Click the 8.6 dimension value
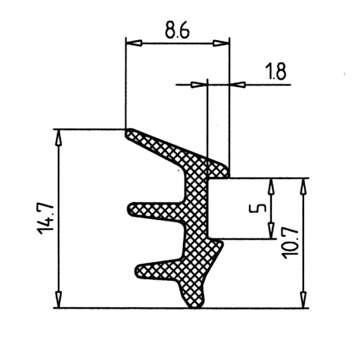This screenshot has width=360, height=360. click(177, 31)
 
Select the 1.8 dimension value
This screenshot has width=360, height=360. click(275, 71)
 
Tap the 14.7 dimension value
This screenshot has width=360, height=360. click(46, 218)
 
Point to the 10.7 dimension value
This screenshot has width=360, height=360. click(290, 244)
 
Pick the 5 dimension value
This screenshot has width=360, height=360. click(257, 208)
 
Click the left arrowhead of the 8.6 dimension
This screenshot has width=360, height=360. click(134, 43)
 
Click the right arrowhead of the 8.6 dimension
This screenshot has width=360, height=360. click(221, 43)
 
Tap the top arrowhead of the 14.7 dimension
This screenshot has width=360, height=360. click(59, 137)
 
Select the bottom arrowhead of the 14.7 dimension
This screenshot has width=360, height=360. click(59, 299)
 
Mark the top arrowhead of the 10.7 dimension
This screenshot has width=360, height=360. click(304, 186)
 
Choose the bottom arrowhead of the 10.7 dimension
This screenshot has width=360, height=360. click(304, 299)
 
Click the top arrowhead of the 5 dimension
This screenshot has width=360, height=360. click(271, 186)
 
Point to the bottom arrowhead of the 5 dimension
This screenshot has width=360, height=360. click(271, 231)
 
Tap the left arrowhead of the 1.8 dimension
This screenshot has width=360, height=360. click(199, 85)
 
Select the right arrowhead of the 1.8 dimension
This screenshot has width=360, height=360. click(238, 85)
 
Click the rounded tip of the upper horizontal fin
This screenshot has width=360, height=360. click(130, 209)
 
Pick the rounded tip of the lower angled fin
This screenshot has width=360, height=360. click(138, 271)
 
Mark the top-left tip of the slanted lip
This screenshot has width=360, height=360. click(128, 131)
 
